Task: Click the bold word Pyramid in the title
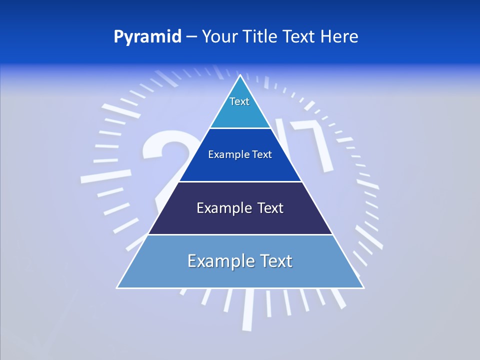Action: coord(147,37)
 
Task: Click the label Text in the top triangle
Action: coord(239,101)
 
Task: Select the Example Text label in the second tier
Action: coord(240,154)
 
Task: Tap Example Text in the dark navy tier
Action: coord(240,208)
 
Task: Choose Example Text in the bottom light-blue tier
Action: coord(240,261)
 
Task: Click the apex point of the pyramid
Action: coord(240,75)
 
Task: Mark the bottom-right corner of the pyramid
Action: coord(363,287)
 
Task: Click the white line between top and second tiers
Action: coord(240,128)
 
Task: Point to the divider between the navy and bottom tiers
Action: coord(240,234)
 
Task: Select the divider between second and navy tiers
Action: coord(240,181)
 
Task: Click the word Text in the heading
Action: coord(299,37)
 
